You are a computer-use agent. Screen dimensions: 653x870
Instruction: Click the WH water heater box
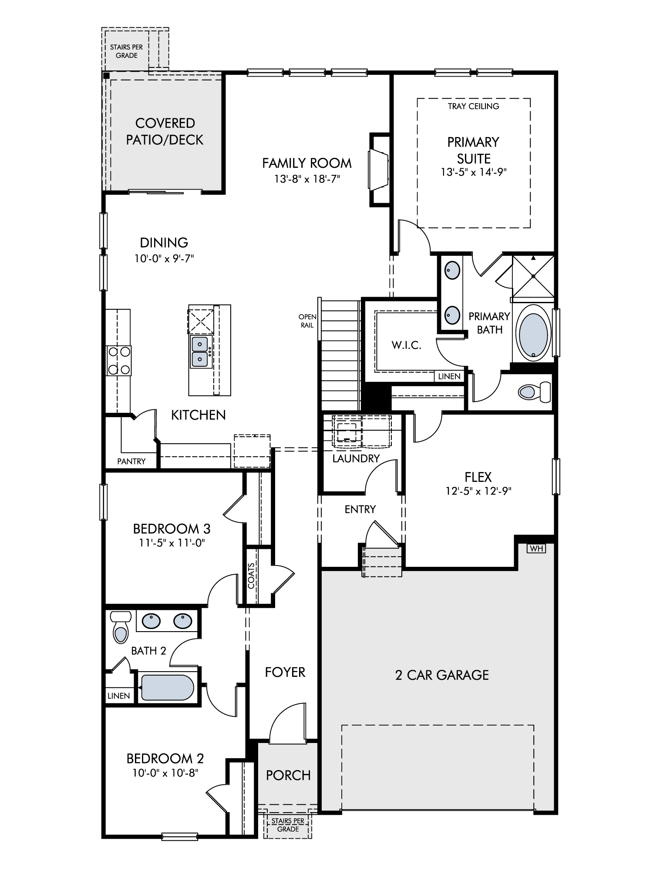536,548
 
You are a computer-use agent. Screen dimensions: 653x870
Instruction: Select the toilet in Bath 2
121,627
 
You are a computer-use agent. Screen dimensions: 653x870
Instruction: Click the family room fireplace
379,169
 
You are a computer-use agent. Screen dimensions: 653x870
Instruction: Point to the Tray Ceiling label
473,106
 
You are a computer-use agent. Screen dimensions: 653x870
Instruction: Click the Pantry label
131,461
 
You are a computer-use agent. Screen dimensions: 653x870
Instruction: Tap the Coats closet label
251,576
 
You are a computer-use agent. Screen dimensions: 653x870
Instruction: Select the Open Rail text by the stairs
307,321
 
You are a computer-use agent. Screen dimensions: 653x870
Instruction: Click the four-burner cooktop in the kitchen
119,361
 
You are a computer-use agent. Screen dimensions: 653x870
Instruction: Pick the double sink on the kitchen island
200,351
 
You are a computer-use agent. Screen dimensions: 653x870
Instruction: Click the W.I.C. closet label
406,345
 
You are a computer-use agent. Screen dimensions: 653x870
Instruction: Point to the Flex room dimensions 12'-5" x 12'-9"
478,491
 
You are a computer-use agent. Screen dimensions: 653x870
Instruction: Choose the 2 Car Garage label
442,675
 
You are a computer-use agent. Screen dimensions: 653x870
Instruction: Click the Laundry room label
356,458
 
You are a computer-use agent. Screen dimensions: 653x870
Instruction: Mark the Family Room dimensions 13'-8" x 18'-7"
307,179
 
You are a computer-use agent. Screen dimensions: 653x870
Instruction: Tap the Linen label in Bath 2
119,696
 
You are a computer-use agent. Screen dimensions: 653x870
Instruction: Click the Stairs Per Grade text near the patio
126,51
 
